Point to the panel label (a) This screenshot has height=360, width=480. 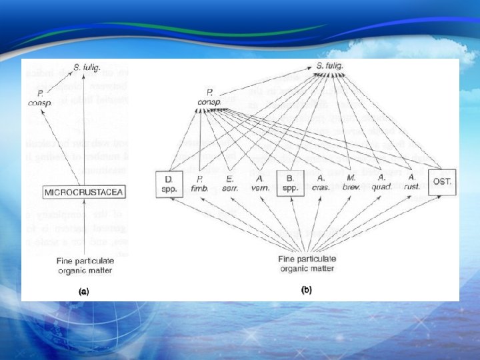[83, 291]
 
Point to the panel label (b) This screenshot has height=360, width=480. [306, 290]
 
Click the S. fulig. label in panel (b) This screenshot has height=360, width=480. [330, 66]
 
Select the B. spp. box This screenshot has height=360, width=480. [291, 183]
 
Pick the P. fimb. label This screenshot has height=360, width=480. [199, 183]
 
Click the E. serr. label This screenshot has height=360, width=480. [230, 183]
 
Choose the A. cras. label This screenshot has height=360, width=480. [321, 183]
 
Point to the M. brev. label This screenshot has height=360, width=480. [351, 183]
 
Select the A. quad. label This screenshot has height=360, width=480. [382, 183]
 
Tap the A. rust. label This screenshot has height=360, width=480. [412, 183]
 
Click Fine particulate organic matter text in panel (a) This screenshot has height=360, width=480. [84, 266]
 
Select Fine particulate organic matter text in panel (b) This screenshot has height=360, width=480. [307, 263]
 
